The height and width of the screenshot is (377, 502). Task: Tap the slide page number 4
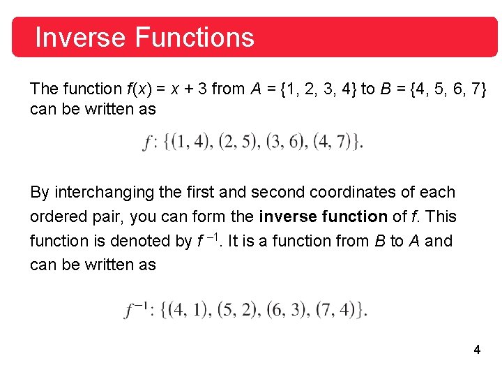[477, 350]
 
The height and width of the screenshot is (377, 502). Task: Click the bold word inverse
[285, 216]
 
